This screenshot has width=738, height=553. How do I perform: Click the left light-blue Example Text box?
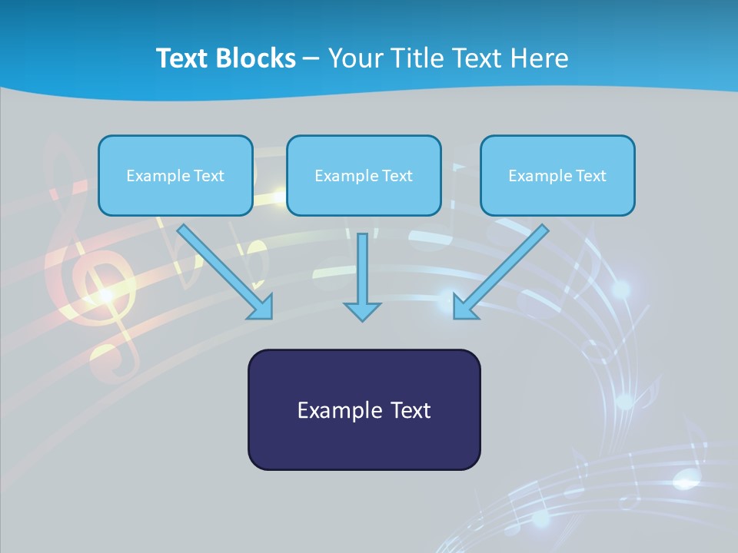pos(175,175)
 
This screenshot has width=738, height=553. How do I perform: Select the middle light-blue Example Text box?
pos(364,175)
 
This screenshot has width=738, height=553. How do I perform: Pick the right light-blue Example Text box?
pos(557,175)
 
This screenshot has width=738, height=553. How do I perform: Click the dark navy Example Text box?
pos(364,409)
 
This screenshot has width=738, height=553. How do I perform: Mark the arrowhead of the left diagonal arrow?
pos(261,307)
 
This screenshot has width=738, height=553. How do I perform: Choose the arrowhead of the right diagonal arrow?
pos(464,307)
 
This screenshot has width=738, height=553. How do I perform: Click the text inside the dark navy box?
pos(364,410)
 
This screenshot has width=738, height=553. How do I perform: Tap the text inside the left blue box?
pos(175,176)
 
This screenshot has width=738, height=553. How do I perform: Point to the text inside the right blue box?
pos(557,176)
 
